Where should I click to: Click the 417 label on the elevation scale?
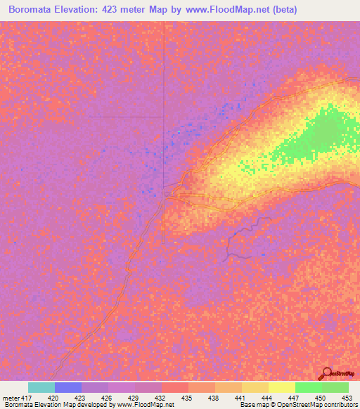[26, 397]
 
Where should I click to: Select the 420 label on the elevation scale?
[53, 397]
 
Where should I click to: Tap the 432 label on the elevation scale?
[160, 397]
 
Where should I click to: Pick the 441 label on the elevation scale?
[240, 397]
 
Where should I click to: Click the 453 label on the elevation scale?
[347, 397]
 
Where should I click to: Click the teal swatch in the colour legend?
[41, 387]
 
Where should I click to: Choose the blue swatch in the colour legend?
[68, 387]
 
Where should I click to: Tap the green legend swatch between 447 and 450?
[309, 387]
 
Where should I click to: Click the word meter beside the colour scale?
[11, 397]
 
